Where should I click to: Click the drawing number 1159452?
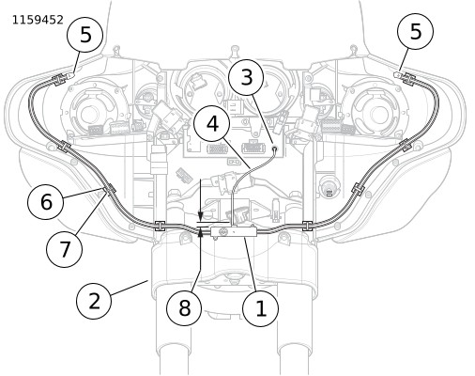(38, 20)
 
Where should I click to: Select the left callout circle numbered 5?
(85, 35)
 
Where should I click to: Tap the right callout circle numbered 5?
(416, 31)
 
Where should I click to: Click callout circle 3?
(247, 77)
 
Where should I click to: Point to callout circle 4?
(212, 124)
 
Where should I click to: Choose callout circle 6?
(46, 201)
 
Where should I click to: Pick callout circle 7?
(65, 249)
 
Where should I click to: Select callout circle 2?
(94, 302)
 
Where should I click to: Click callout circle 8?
(184, 307)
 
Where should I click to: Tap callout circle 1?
(261, 308)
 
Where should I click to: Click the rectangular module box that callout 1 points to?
(234, 232)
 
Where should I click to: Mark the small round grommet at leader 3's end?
(275, 149)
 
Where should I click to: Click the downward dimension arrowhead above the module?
(201, 215)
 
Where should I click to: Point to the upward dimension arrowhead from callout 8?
(201, 232)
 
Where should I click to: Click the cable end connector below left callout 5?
(71, 75)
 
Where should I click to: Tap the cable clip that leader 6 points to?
(109, 190)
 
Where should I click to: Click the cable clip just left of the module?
(160, 226)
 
